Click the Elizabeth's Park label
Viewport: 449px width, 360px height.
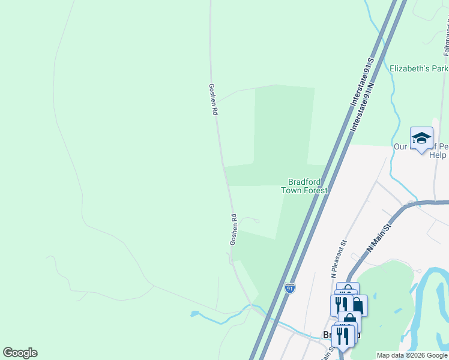418,69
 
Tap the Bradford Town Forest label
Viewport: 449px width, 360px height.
305,186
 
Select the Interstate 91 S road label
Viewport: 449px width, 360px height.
363,83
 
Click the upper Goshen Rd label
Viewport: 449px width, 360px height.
212,99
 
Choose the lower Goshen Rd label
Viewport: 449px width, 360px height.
234,229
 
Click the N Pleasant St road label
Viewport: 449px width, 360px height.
340,259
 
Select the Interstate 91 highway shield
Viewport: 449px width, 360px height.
290,288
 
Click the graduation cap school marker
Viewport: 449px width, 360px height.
421,139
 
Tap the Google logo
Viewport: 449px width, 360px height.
20,353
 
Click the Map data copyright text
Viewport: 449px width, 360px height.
412,355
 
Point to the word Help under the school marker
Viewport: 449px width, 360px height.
438,155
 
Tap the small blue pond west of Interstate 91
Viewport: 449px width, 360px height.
194,314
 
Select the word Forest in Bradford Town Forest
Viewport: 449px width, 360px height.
315,191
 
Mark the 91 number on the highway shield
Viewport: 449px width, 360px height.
290,289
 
